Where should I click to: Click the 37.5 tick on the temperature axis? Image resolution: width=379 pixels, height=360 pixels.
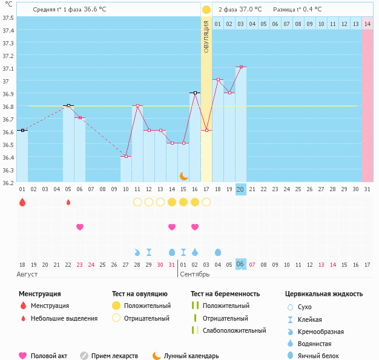point(8,18)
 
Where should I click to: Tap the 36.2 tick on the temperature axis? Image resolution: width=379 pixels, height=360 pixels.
point(8,183)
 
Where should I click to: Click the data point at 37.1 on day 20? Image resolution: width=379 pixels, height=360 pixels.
point(241,67)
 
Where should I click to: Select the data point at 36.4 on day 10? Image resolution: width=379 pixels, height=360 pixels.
point(126,156)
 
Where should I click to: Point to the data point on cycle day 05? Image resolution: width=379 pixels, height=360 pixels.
point(68,105)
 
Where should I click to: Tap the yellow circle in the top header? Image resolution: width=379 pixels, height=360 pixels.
point(206,10)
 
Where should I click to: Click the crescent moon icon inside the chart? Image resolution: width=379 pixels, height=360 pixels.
point(183,175)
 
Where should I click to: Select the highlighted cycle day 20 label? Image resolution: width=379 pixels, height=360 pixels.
point(240,189)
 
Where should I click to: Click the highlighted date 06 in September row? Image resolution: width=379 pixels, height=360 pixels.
point(240,264)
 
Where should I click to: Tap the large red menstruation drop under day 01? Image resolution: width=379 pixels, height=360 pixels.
point(22,202)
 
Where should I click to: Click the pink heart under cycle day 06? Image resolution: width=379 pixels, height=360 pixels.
point(80,227)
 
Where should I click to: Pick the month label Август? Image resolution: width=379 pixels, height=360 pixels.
point(27,274)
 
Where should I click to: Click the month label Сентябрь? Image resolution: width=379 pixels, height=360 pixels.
point(196,274)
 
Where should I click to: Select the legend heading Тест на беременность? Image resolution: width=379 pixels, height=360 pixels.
point(225,294)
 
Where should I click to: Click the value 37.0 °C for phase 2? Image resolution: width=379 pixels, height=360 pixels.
point(251,10)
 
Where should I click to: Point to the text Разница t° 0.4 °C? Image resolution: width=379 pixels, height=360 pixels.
point(297,10)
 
